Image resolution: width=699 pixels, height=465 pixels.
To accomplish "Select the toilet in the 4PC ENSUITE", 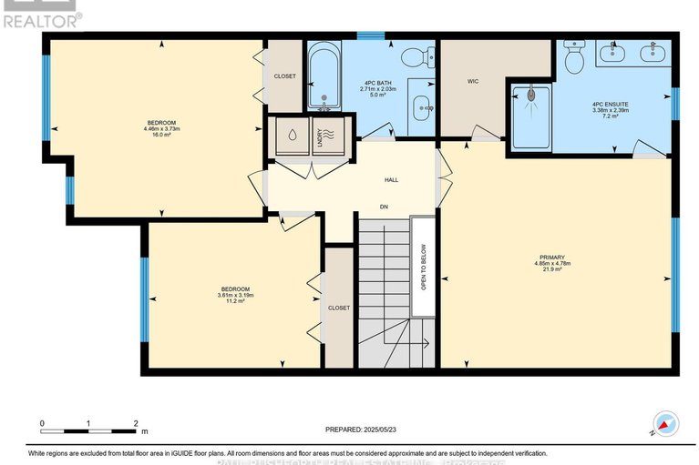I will pyautogui.click(x=574, y=61).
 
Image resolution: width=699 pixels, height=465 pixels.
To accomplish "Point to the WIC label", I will pyautogui.click(x=473, y=81).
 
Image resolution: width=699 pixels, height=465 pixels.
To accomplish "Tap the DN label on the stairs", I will pyautogui.click(x=385, y=207).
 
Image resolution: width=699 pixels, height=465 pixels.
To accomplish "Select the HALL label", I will pyautogui.click(x=390, y=179).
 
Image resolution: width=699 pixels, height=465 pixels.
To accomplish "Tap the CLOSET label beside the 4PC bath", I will pyautogui.click(x=284, y=76).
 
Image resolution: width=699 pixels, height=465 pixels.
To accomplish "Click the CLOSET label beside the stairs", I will pyautogui.click(x=339, y=308).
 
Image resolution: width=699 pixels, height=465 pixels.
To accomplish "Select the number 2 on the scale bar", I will pyautogui.click(x=136, y=424).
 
